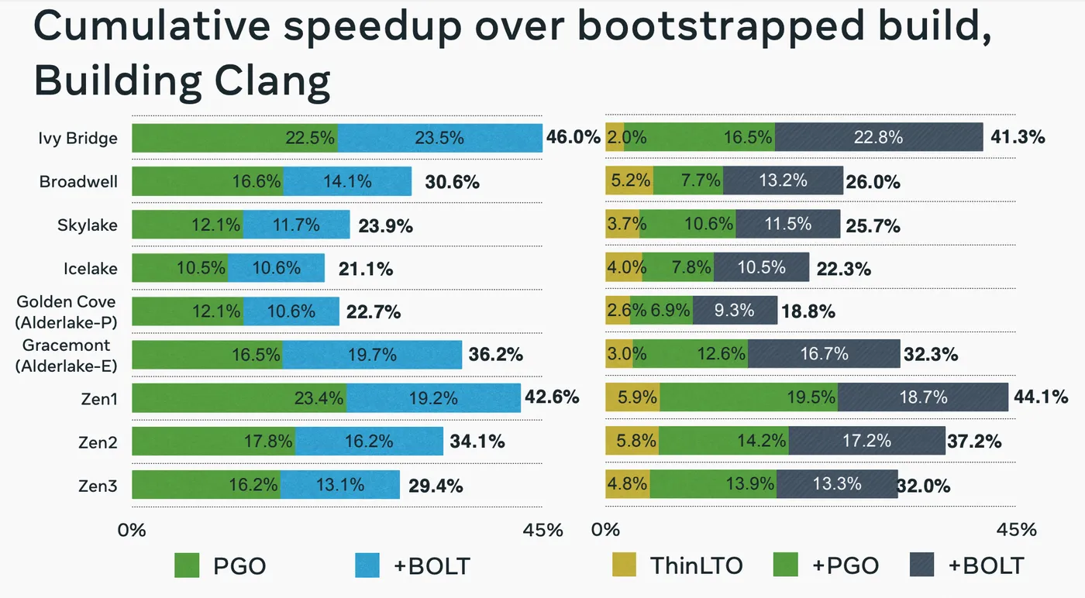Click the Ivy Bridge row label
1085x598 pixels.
77,139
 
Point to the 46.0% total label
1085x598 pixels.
573,138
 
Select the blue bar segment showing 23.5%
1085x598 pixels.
439,138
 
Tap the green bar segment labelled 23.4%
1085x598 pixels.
239,398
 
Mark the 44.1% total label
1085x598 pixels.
1041,398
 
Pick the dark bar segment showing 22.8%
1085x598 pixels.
879,138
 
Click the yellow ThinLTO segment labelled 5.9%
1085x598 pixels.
632,398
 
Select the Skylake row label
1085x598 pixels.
88,225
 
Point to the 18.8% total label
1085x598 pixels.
808,311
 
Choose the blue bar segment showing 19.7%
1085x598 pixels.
372,355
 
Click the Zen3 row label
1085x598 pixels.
98,486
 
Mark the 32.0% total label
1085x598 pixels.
924,486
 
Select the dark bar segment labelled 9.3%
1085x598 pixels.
735,311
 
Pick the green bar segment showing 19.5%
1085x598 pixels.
748,398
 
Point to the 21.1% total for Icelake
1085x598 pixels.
366,269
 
